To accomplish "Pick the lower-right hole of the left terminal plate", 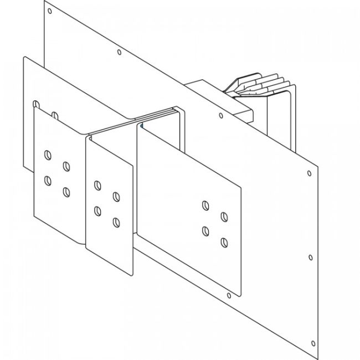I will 66,192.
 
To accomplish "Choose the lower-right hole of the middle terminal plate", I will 116,223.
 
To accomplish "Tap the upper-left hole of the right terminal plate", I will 205,205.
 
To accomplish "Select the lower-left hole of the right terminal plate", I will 205,230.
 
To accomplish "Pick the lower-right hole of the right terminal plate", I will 224,241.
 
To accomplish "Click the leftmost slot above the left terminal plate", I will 36,104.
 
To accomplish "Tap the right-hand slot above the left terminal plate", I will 55,115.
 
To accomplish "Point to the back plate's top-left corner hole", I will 50,11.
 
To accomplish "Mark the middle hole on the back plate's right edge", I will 310,258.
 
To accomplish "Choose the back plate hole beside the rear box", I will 221,116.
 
